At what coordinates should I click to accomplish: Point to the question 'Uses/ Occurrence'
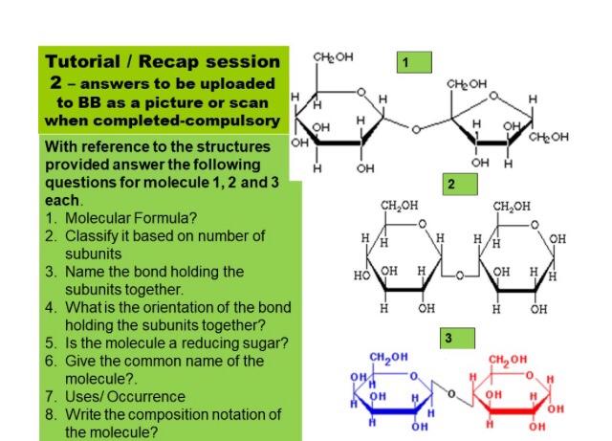click(125, 395)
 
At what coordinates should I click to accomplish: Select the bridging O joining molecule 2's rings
click(459, 275)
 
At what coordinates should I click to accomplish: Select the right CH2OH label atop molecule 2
click(514, 205)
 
